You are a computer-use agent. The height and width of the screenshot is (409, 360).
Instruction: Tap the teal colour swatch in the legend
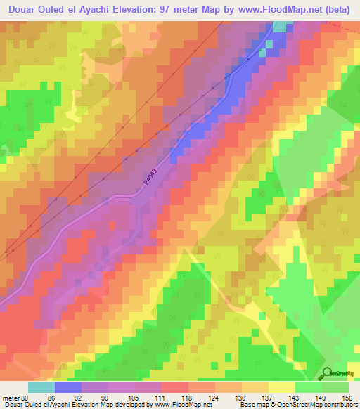pyautogui.click(x=41, y=387)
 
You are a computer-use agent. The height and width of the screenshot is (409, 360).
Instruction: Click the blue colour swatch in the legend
pyautogui.click(x=68, y=387)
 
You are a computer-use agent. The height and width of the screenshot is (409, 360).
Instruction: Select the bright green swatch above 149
pyautogui.click(x=309, y=387)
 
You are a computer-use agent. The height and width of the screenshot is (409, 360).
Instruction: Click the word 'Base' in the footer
pyautogui.click(x=245, y=405)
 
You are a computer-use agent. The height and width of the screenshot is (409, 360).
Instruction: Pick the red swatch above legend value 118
pyautogui.click(x=174, y=387)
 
